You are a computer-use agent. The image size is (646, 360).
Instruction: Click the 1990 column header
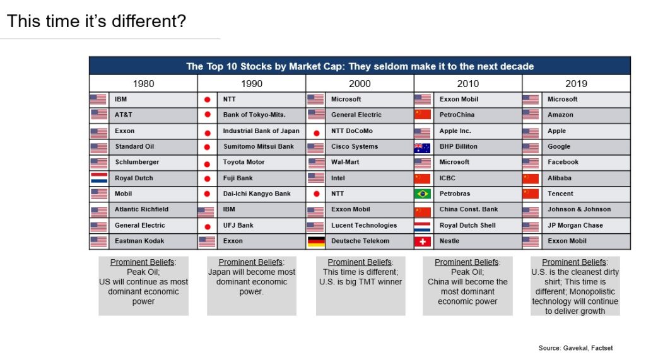tap(251, 84)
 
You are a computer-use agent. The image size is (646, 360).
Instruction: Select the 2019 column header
tap(576, 84)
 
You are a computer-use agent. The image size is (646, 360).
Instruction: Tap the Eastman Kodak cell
tap(139, 241)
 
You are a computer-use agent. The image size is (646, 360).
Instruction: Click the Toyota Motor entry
tap(244, 162)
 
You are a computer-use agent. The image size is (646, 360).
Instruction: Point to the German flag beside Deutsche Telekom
tap(316, 241)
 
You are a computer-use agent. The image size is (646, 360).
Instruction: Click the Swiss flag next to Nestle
tap(423, 241)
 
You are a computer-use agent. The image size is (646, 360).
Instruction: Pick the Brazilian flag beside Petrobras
tap(423, 194)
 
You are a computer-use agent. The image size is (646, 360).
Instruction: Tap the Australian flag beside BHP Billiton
tap(423, 147)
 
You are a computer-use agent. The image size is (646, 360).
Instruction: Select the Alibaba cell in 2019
tap(560, 178)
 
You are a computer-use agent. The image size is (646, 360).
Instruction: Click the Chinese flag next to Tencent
tap(531, 194)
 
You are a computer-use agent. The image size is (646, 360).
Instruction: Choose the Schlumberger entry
tap(137, 162)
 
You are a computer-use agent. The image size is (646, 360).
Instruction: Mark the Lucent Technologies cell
tap(364, 225)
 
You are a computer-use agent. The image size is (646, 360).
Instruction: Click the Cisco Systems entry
tap(355, 146)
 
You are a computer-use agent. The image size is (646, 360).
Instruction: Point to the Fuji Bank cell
tap(238, 178)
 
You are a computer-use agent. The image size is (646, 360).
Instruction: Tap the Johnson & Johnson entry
tap(579, 209)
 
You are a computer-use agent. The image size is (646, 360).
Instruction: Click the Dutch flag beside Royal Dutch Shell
tap(423, 226)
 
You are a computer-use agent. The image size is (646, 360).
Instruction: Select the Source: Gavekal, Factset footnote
tap(575, 348)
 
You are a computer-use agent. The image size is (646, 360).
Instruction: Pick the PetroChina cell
tap(457, 115)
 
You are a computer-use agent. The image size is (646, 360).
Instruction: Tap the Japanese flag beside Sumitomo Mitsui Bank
tap(207, 147)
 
